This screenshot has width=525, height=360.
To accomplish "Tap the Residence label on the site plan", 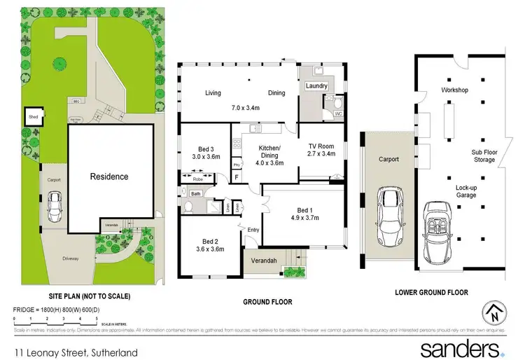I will [x=108, y=176].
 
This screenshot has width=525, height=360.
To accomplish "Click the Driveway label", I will [x=69, y=258].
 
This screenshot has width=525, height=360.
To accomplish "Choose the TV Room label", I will [x=321, y=145].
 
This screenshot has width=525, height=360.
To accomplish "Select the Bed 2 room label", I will [x=207, y=240].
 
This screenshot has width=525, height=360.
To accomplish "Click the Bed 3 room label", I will [x=205, y=148].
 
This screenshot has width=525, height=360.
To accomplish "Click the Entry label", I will [x=253, y=229].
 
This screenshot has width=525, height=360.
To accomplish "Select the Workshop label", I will [x=454, y=90].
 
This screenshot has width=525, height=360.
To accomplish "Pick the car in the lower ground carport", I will [x=388, y=209].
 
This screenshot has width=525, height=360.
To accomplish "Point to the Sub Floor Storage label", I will [x=483, y=155].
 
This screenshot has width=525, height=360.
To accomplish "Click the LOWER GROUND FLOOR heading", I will [x=431, y=292].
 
